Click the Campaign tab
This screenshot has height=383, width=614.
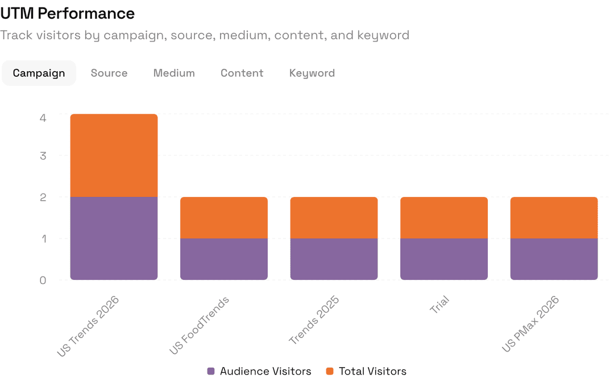click(x=39, y=73)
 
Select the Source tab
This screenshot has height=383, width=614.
click(x=109, y=73)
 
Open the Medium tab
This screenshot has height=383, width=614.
click(x=174, y=73)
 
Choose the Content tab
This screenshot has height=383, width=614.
click(x=242, y=73)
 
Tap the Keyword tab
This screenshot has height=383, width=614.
click(x=312, y=73)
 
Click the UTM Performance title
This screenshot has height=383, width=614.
click(x=68, y=13)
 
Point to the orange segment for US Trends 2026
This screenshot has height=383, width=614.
click(x=114, y=155)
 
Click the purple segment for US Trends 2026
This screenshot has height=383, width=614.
click(x=114, y=238)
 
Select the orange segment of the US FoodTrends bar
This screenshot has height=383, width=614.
click(x=224, y=217)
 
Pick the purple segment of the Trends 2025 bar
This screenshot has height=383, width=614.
click(x=334, y=259)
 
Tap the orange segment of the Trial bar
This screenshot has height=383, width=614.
click(x=444, y=217)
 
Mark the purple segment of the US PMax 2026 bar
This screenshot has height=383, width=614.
click(x=554, y=259)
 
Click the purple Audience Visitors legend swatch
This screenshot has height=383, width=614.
click(x=211, y=371)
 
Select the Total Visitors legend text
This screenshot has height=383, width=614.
click(x=372, y=371)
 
